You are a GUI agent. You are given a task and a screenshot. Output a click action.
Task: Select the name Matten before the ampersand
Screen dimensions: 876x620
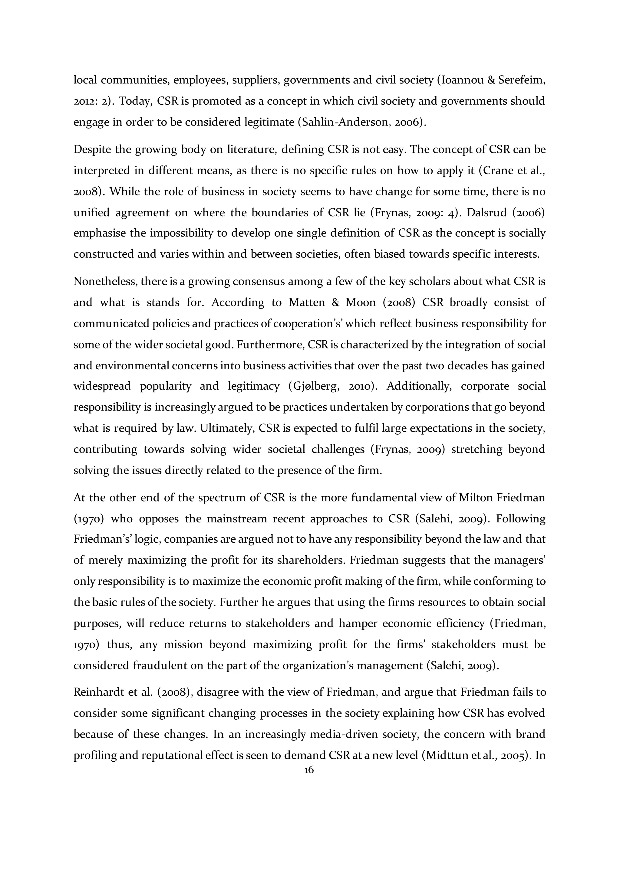pos(304,302)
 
